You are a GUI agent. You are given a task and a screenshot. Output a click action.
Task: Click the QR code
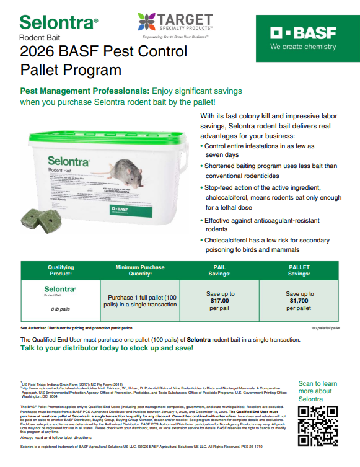click(x=317, y=425)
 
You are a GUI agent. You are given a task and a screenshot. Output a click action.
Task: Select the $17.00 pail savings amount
click(x=220, y=300)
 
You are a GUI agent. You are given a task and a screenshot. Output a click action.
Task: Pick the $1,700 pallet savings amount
click(x=300, y=300)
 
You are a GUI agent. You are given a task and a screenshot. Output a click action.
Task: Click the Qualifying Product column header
click(x=60, y=269)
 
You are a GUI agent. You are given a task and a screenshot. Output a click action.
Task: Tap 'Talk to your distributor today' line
click(x=107, y=349)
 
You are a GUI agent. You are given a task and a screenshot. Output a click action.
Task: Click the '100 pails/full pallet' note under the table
click(x=325, y=327)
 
